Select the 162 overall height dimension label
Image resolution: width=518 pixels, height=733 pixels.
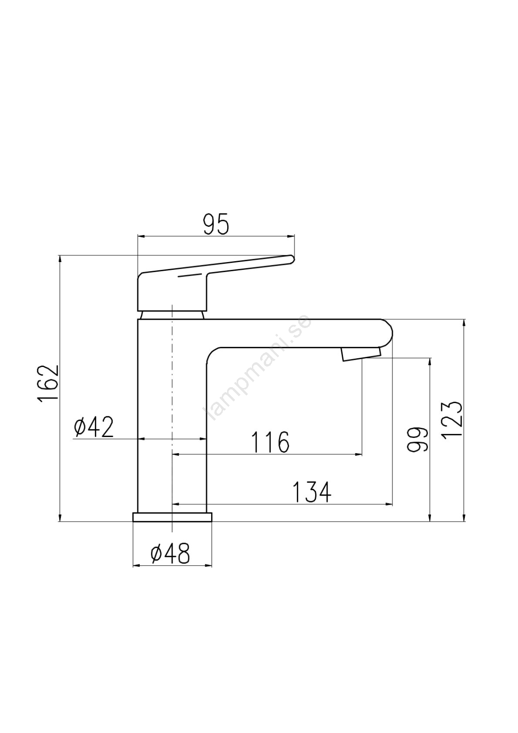coord(48,383)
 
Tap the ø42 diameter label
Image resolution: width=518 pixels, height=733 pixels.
coord(93,427)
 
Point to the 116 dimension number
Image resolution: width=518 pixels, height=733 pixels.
coord(270,442)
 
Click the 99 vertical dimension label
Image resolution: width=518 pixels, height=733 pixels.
coord(417,439)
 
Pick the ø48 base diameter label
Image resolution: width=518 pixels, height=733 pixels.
coord(170,553)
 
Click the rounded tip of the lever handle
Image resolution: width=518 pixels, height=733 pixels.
coord(291,259)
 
